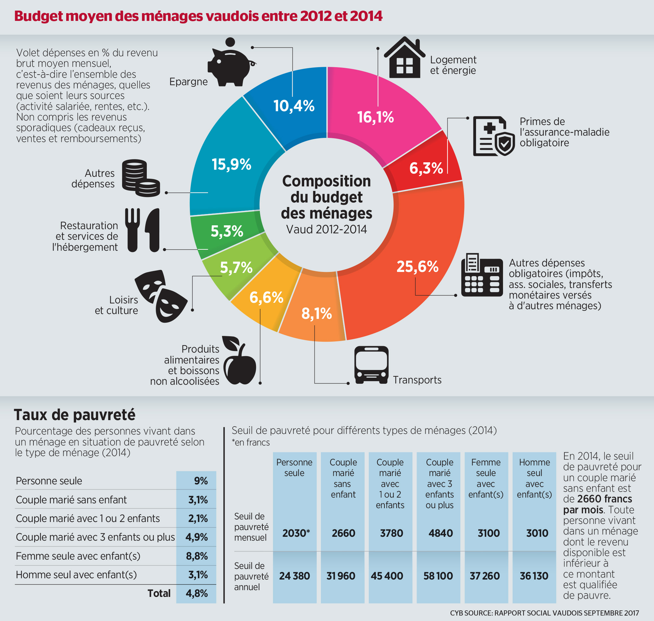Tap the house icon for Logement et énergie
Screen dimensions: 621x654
[x=404, y=58]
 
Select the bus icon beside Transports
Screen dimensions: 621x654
[x=371, y=365]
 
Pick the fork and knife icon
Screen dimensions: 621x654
[x=142, y=230]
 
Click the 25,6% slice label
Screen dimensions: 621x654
[x=418, y=266]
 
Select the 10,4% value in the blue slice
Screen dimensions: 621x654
[x=294, y=106]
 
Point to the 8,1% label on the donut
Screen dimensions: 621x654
[x=317, y=313]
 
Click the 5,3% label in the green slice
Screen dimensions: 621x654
[x=227, y=231]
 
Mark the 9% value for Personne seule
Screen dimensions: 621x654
[x=201, y=481]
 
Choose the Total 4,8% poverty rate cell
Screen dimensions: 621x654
[x=197, y=593]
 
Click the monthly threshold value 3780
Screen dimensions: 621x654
[x=391, y=533]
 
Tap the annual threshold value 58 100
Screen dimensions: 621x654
[x=438, y=576]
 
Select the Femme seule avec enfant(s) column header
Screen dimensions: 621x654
[x=486, y=478]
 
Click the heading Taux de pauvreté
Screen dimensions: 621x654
[x=75, y=415]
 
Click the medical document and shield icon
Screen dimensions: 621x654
[x=494, y=136]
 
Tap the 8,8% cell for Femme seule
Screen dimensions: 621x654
[x=197, y=556]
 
